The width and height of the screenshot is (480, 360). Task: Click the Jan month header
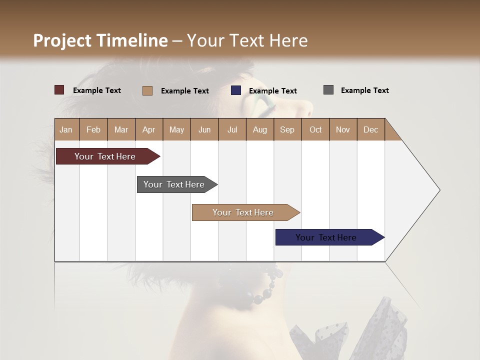pyautogui.click(x=66, y=129)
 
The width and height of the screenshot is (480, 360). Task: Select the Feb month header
pyautogui.click(x=93, y=129)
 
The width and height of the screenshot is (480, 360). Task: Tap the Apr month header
pyautogui.click(x=148, y=129)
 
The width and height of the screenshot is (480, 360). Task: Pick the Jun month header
pyautogui.click(x=204, y=129)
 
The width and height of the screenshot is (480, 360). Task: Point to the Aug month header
pyautogui.click(x=259, y=129)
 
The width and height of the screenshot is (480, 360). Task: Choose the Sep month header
pyautogui.click(x=287, y=129)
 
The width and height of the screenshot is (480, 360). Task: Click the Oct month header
pyautogui.click(x=315, y=129)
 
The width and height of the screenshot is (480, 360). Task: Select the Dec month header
pyautogui.click(x=370, y=129)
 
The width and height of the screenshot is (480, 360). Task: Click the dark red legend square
pyautogui.click(x=59, y=90)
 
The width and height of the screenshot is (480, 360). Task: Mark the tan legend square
pyautogui.click(x=147, y=90)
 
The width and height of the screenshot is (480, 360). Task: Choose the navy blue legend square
pyautogui.click(x=236, y=90)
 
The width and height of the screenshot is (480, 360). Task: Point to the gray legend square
pyautogui.click(x=328, y=90)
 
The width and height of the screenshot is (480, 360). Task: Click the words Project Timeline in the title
pyautogui.click(x=100, y=40)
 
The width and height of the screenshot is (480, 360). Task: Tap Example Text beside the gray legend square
pyautogui.click(x=364, y=90)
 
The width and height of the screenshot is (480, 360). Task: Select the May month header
pyautogui.click(x=176, y=129)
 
